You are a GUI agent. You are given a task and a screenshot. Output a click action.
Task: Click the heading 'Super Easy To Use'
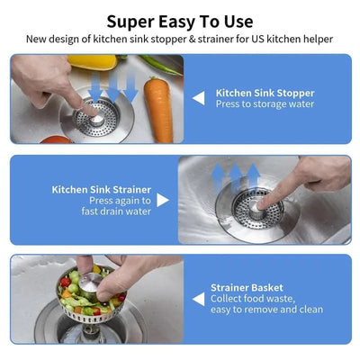180,21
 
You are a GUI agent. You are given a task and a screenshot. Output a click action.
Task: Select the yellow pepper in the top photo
93,62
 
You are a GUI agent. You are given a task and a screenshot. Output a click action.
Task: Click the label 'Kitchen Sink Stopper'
265,92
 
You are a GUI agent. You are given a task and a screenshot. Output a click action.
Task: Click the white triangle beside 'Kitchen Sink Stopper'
198,97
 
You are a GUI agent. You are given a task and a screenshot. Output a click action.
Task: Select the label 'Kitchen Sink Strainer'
101,190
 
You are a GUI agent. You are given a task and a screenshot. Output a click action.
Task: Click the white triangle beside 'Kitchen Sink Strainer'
163,200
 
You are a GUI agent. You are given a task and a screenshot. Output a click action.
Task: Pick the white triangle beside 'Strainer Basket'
198,298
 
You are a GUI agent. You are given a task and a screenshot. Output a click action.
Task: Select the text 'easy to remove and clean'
266,310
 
